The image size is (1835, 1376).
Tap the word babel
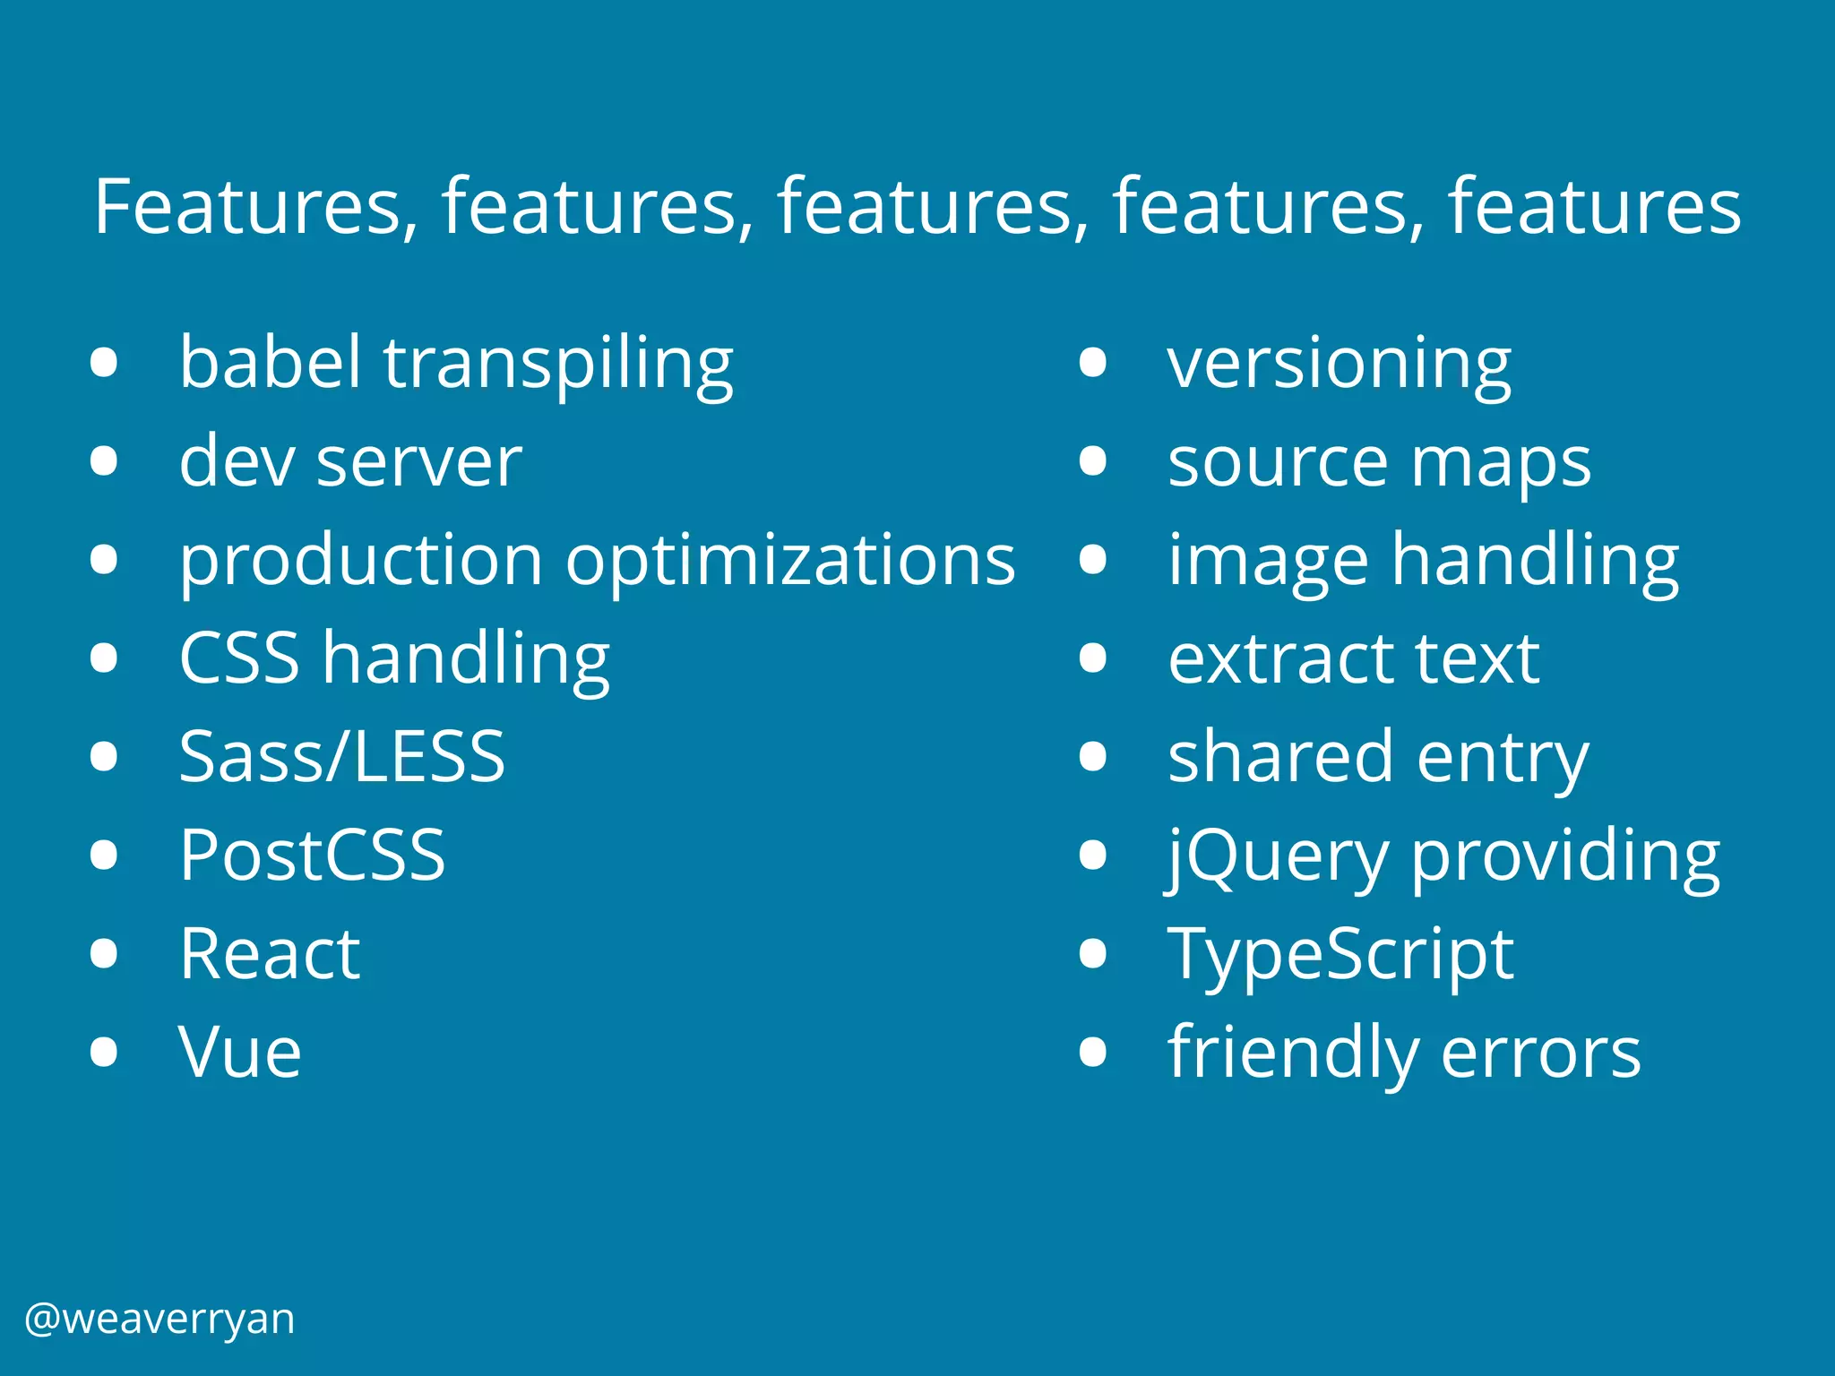pyautogui.click(x=270, y=362)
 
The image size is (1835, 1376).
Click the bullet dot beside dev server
pyautogui.click(x=105, y=460)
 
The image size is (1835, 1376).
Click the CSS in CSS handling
pyautogui.click(x=239, y=658)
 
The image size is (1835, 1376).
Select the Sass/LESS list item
pyautogui.click(x=342, y=756)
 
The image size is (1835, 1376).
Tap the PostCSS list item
pyautogui.click(x=312, y=855)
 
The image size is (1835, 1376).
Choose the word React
pyautogui.click(x=270, y=953)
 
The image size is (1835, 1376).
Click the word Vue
pyautogui.click(x=240, y=1052)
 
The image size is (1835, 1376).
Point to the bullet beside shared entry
pyautogui.click(x=1093, y=756)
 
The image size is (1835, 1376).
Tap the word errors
pyautogui.click(x=1541, y=1053)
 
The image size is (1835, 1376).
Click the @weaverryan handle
pyautogui.click(x=159, y=1320)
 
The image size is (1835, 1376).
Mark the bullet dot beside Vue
pyautogui.click(x=105, y=1052)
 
